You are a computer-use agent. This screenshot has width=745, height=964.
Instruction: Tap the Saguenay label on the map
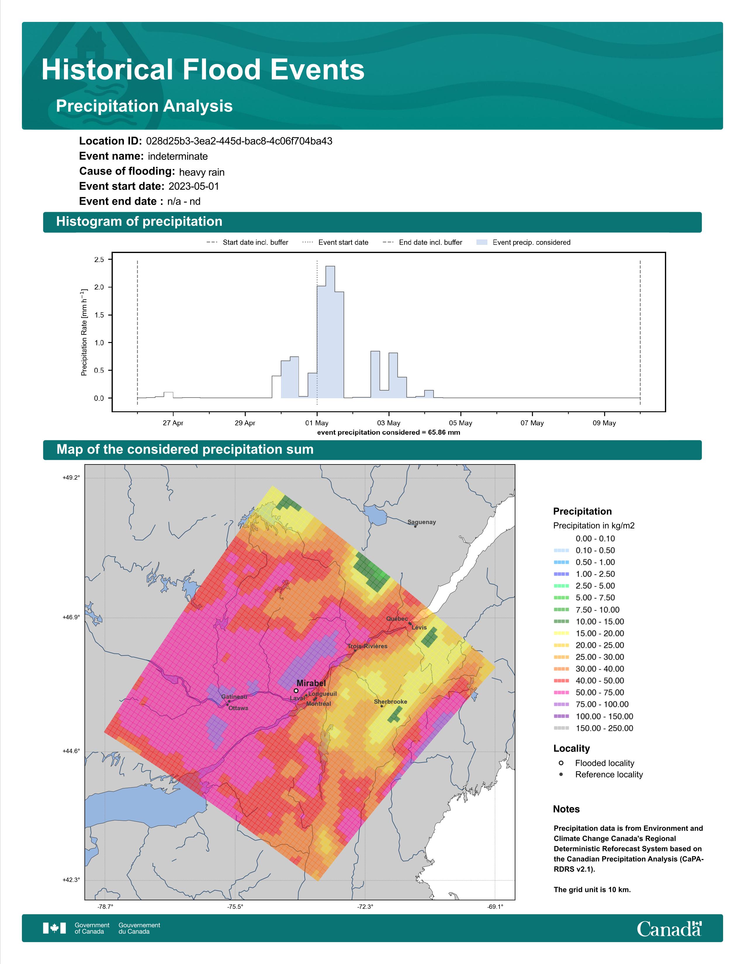[422, 522]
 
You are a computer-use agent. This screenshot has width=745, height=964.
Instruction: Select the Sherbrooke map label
[391, 701]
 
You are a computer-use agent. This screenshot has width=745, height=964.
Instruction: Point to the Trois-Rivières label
[367, 646]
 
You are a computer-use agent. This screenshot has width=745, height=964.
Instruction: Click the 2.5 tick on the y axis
[99, 259]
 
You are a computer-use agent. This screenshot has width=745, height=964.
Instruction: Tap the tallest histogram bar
[330, 332]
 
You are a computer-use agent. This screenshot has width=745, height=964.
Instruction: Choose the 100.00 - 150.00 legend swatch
[562, 716]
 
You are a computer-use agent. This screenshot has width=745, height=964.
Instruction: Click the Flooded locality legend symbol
[561, 763]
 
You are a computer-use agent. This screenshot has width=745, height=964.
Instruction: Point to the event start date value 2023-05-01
[194, 186]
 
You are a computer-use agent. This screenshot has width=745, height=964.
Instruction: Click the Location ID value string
[239, 141]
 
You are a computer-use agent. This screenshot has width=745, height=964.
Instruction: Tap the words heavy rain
[202, 172]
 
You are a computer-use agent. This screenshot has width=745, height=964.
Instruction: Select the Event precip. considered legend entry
[524, 242]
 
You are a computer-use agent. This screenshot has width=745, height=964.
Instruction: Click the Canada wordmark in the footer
[669, 929]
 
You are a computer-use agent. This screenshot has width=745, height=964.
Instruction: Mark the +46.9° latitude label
[71, 617]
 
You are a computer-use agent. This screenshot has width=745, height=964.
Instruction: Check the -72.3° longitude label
[365, 907]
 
